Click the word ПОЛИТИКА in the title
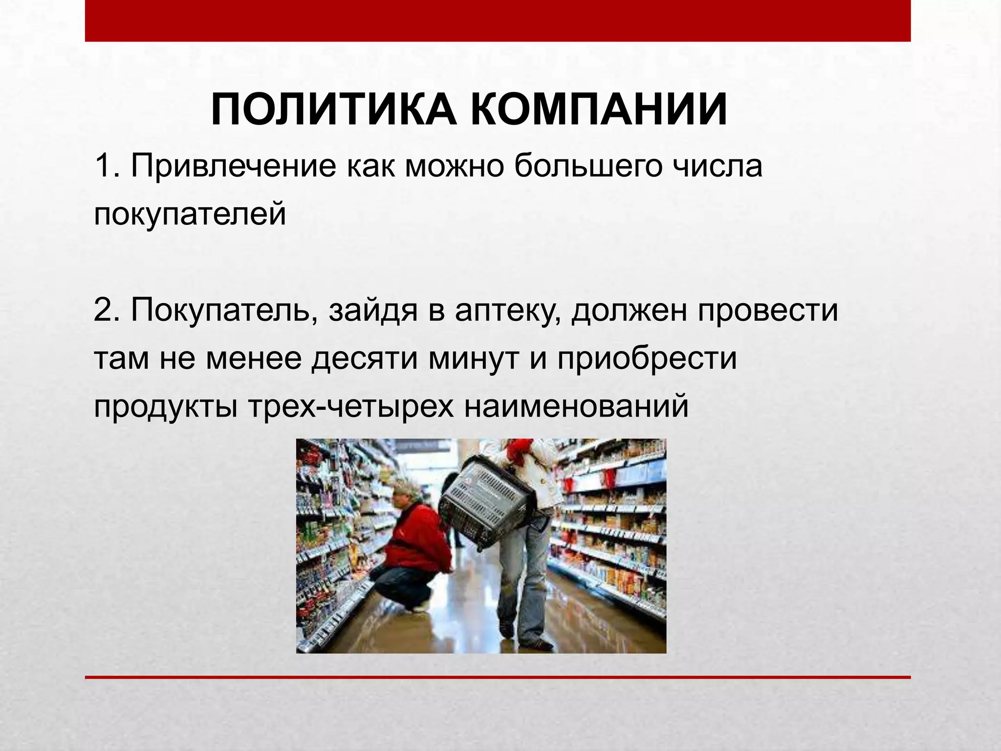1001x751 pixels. point(335,110)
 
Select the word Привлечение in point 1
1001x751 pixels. point(233,166)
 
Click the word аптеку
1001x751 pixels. point(508,310)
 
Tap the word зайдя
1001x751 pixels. point(373,310)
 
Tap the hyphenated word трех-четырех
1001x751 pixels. point(351,406)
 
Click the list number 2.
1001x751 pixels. point(104,310)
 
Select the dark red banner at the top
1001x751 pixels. point(498,21)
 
